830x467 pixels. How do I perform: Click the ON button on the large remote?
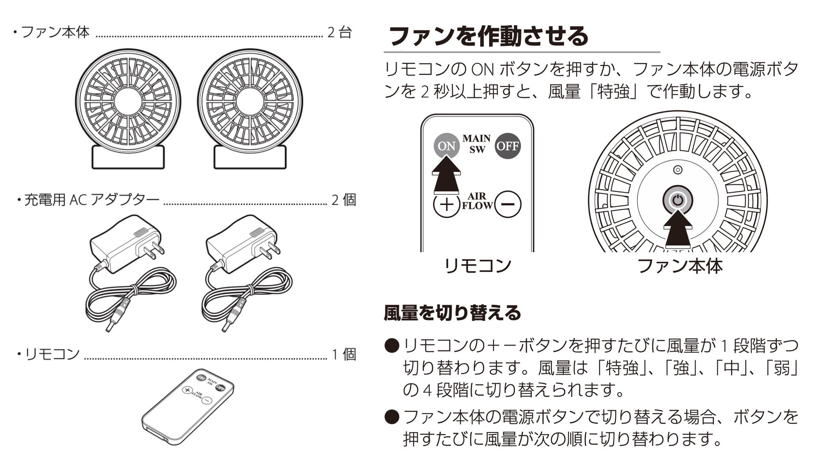pos(446,146)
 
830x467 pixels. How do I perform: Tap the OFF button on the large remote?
pos(508,146)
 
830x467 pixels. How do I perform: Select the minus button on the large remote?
pos(508,204)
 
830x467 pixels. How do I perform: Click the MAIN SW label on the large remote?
pos(477,144)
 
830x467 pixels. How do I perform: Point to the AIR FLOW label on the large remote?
pos(477,201)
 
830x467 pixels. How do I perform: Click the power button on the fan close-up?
pos(678,200)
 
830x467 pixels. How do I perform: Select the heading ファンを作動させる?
pos(488,36)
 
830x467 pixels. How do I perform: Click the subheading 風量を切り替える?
pos(452,313)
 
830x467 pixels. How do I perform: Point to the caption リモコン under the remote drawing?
pos(477,266)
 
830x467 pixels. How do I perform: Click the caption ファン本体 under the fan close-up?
pos(680,266)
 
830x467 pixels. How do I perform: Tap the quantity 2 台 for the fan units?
pos(339,32)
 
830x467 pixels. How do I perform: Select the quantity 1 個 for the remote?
pos(344,354)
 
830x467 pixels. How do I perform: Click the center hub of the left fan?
pos(128,101)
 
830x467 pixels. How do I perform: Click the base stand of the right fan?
pos(250,158)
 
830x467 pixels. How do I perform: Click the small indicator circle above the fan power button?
pos(678,170)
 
